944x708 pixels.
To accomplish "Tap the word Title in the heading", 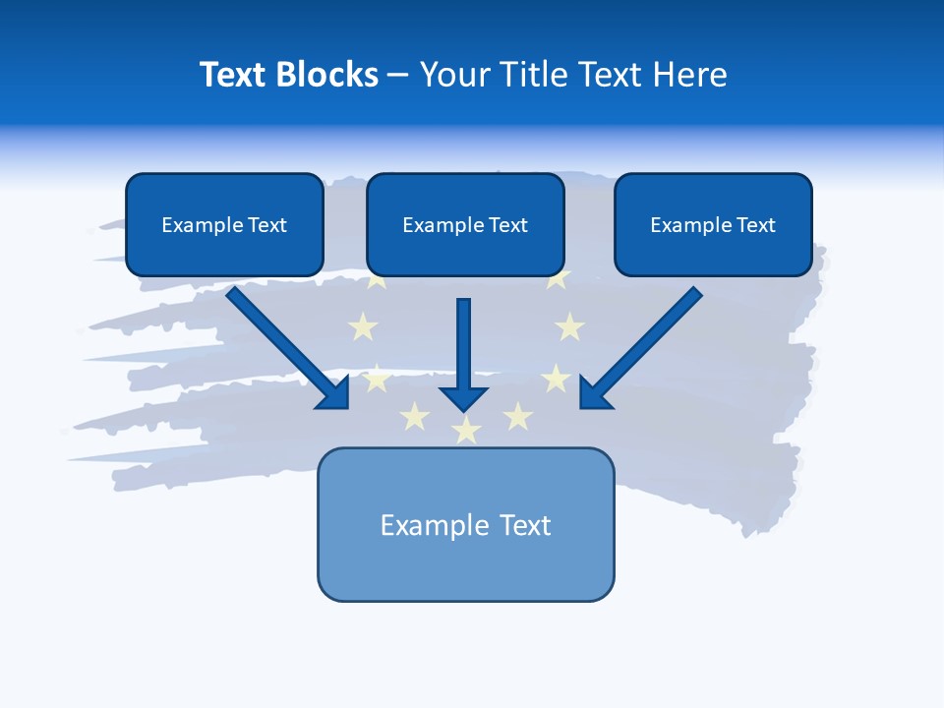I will (532, 75).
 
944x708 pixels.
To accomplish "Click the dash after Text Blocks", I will (398, 75).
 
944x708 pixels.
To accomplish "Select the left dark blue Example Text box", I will (224, 224).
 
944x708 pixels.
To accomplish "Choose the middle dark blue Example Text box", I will (465, 224).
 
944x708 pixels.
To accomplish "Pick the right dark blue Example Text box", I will (713, 224).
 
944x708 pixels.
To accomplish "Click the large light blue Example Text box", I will (465, 524).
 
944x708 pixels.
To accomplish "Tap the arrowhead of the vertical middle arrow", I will (464, 398).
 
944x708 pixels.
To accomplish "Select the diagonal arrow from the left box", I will (285, 344).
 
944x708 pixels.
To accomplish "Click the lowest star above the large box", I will (466, 430).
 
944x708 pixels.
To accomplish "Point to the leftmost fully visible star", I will (363, 326).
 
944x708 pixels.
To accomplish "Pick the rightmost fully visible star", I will (569, 326).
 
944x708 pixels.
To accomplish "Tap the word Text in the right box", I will (755, 224).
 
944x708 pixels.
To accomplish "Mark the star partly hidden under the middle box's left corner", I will (377, 281).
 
